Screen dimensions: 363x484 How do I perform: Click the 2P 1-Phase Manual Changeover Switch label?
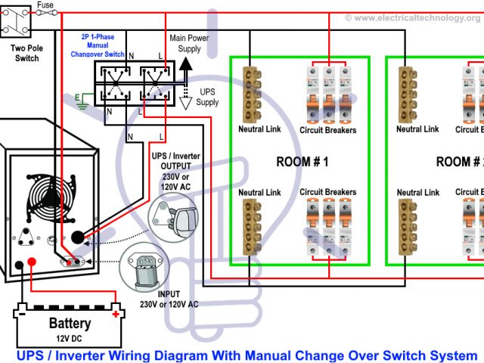pyautogui.click(x=103, y=45)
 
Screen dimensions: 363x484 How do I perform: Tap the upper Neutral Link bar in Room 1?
pyautogui.click(x=252, y=94)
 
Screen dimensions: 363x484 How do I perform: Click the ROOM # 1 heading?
pyautogui.click(x=302, y=162)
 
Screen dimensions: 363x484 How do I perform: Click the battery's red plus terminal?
pyautogui.click(x=115, y=312)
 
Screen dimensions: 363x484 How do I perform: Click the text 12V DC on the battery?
pyautogui.click(x=70, y=337)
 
